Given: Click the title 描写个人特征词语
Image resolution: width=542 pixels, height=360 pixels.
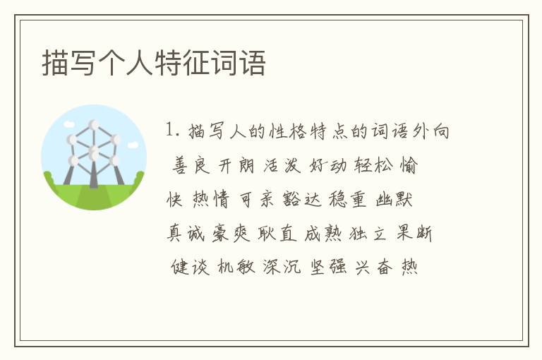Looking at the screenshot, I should [154, 63].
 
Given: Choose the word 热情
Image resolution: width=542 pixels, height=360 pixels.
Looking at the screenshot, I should [210, 200].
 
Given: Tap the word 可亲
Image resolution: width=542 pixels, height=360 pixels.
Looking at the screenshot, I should [256, 200].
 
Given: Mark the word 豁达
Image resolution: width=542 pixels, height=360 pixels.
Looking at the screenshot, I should [303, 200].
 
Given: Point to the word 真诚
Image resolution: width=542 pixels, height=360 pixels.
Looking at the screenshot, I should [185, 233].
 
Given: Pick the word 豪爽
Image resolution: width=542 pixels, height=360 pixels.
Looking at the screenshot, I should [231, 233].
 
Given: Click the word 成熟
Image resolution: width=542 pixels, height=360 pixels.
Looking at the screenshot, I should [323, 233].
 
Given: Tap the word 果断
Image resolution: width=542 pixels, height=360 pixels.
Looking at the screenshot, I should [415, 233].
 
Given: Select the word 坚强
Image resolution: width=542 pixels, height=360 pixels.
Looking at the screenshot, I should [328, 267].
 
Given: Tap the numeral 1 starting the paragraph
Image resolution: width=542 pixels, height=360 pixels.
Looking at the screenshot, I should [169, 131].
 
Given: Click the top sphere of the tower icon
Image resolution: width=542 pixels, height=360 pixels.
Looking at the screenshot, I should [94, 124].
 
